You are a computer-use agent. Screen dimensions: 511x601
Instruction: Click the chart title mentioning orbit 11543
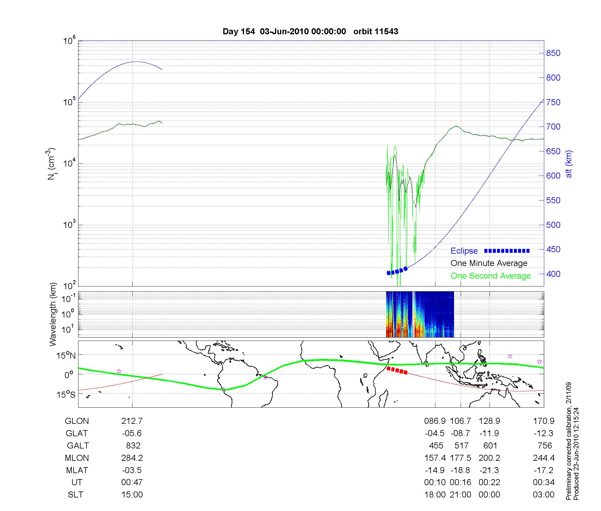(310, 32)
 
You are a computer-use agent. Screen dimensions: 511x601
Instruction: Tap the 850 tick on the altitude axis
(553, 53)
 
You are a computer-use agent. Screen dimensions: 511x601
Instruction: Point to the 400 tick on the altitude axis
(553, 274)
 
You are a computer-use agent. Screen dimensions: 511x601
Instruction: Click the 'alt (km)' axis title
(569, 164)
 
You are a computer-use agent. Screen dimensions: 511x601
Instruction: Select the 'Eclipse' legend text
(464, 251)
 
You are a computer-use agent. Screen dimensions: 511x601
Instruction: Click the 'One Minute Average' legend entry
(489, 263)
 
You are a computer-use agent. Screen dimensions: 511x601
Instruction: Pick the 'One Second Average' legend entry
(490, 276)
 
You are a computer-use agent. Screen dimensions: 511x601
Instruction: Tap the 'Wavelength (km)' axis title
(53, 314)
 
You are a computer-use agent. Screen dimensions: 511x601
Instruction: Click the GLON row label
(77, 421)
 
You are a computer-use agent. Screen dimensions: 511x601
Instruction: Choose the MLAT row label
(77, 470)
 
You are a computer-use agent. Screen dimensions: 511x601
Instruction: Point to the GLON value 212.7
(132, 421)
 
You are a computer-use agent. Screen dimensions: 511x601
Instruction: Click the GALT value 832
(133, 445)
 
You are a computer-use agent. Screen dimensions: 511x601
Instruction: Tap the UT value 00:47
(132, 482)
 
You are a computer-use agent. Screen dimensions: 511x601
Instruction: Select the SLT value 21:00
(460, 495)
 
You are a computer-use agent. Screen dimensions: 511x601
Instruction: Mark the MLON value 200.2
(489, 458)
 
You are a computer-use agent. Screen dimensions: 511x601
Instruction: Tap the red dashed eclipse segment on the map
(397, 371)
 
